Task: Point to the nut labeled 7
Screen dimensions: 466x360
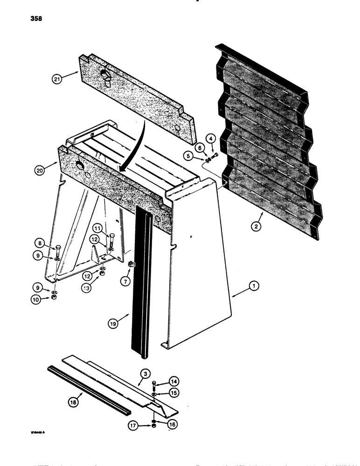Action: (131, 265)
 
